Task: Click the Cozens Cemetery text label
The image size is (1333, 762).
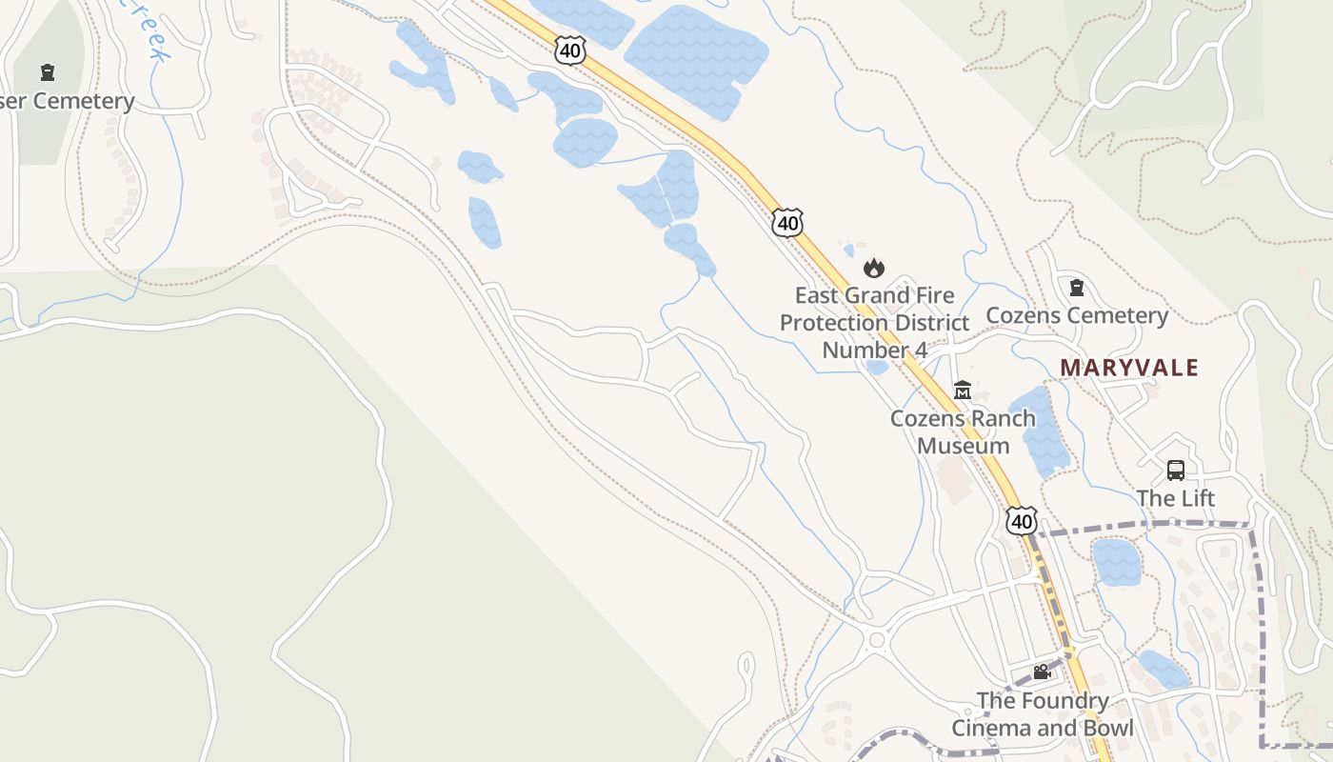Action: tap(1076, 315)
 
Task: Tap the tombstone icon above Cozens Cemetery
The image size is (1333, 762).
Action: tap(1077, 287)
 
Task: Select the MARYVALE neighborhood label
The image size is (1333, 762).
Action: tap(1129, 367)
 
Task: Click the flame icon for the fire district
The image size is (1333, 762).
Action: tap(874, 268)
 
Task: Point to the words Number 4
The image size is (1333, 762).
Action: tap(874, 351)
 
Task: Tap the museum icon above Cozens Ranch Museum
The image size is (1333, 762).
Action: tap(963, 391)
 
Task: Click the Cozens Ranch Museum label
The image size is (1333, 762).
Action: tap(963, 431)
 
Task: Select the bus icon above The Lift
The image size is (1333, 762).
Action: tap(1176, 470)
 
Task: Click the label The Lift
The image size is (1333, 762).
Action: tap(1176, 498)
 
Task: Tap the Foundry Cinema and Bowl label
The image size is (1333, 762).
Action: tap(1043, 714)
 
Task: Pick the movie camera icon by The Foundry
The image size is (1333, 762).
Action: tap(1042, 672)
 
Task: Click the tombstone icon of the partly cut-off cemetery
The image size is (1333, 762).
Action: tap(47, 72)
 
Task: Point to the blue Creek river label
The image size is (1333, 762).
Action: tap(148, 33)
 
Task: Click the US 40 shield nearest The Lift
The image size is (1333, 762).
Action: tap(1022, 521)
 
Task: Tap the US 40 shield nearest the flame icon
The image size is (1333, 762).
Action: tap(787, 223)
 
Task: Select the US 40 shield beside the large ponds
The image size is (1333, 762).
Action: tap(569, 51)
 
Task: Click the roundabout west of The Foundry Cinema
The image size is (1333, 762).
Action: tap(876, 640)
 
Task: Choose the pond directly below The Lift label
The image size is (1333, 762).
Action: tap(1116, 562)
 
